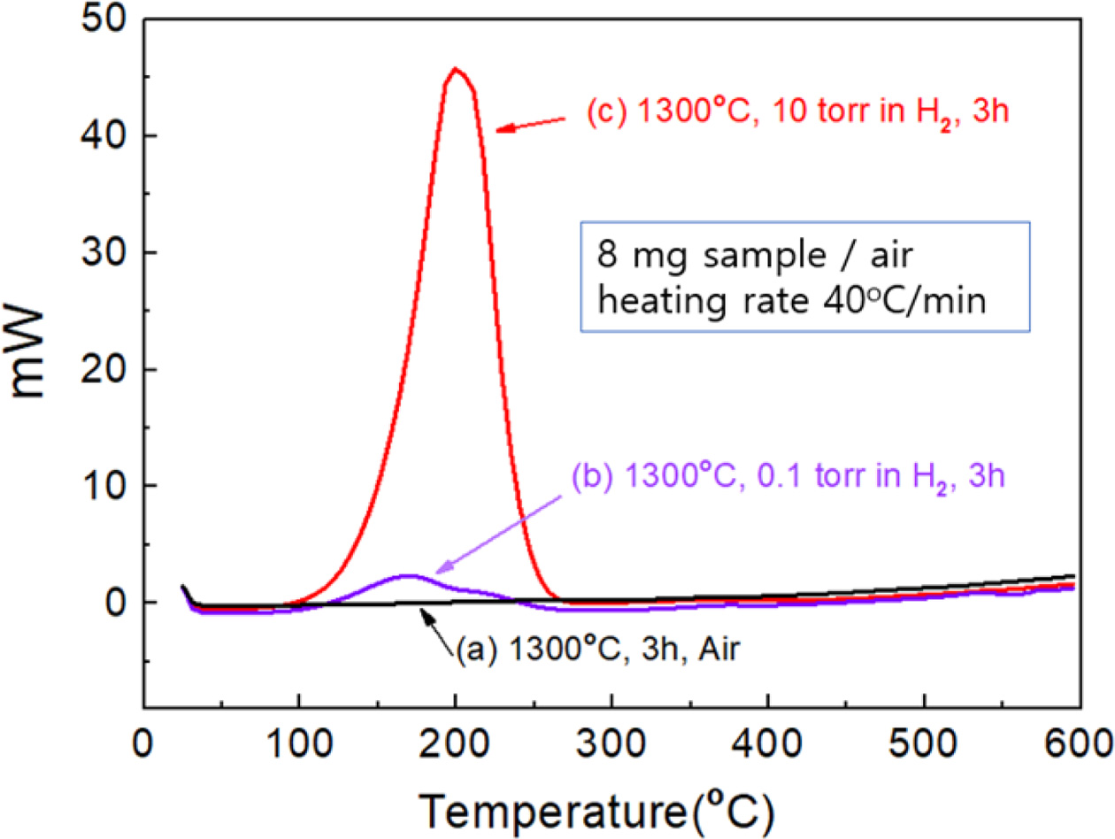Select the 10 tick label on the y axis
tap(111, 485)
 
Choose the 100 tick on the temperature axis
tap(299, 737)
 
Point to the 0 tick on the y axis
tap(122, 602)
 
